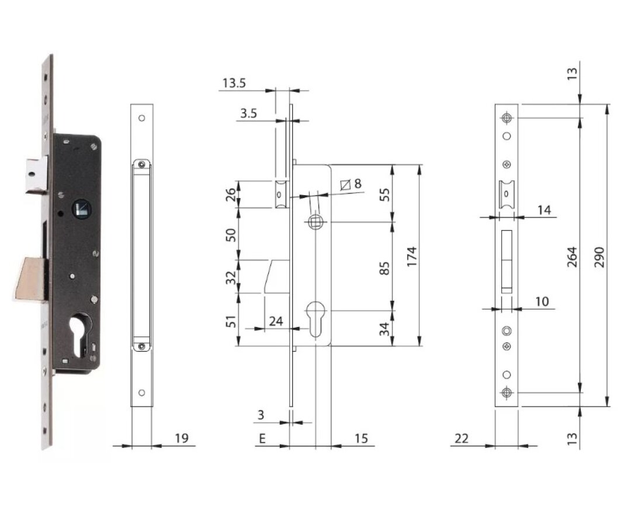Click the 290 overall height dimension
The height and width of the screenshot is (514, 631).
[599, 255]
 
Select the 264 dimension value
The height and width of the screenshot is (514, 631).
[571, 255]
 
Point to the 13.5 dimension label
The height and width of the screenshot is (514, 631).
[234, 83]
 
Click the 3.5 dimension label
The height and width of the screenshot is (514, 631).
[248, 113]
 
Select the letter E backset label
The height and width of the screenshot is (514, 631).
[262, 438]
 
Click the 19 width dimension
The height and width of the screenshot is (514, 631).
[182, 438]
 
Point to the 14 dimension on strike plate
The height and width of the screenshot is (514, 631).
[544, 209]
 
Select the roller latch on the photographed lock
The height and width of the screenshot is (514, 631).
[36, 174]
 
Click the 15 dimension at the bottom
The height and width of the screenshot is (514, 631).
[361, 438]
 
